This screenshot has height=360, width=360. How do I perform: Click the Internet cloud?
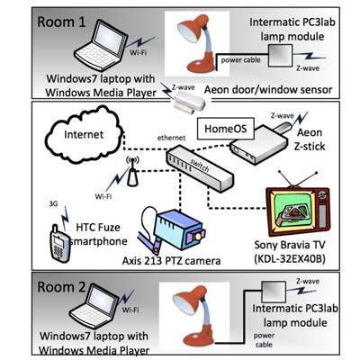click(84, 134)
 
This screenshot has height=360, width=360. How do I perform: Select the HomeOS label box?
click(226, 129)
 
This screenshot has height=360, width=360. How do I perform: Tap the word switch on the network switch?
click(200, 166)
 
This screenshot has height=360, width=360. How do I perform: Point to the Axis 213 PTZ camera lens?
click(197, 236)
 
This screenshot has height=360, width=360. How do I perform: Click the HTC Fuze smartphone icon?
click(59, 242)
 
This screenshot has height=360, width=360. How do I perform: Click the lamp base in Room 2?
click(199, 338)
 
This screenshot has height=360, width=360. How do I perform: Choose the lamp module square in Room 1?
click(280, 56)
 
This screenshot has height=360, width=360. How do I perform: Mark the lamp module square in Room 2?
click(274, 292)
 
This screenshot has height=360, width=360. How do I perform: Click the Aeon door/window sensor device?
click(190, 103)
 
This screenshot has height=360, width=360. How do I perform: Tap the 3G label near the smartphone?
click(53, 204)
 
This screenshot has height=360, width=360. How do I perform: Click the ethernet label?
click(171, 138)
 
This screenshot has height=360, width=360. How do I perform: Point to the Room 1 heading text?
click(61, 22)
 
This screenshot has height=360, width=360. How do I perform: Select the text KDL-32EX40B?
click(290, 258)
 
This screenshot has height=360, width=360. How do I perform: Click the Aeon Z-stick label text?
click(310, 139)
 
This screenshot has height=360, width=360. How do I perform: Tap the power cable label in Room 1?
click(240, 60)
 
